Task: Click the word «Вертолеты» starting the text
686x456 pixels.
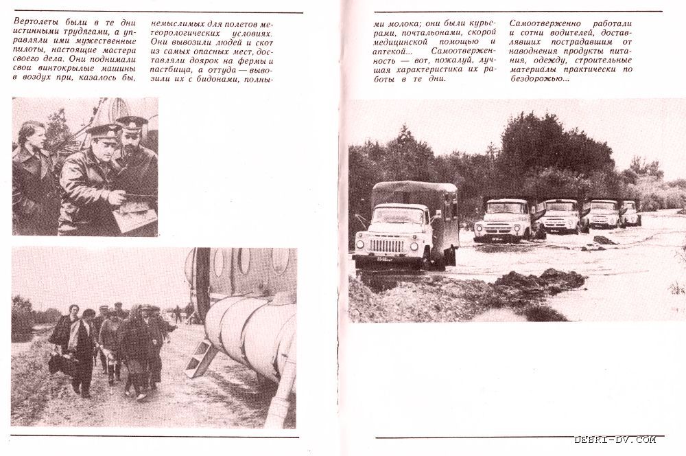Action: [35, 21]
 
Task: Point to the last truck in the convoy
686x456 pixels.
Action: [630, 214]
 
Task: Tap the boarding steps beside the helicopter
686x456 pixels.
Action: [200, 356]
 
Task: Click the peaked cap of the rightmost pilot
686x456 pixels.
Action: [132, 124]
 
